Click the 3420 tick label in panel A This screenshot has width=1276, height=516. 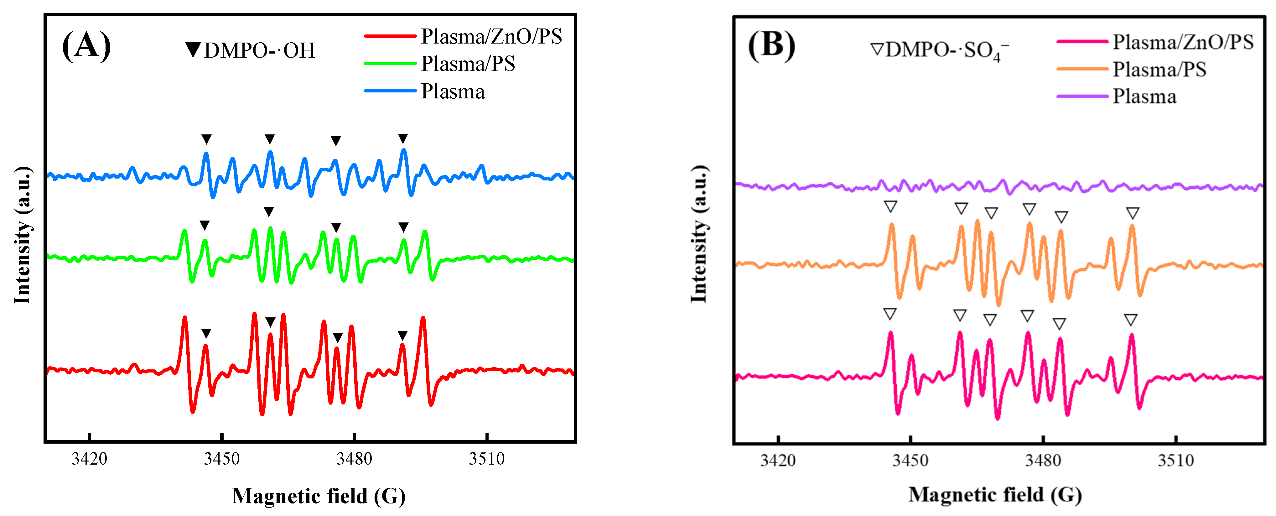coord(89,458)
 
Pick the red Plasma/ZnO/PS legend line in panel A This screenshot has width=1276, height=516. coord(390,36)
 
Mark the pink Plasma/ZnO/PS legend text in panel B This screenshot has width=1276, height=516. coord(1183,42)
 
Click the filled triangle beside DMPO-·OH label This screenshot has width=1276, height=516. coord(193,50)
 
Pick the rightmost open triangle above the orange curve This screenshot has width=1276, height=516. coord(1132,213)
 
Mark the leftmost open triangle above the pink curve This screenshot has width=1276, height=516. coord(890,314)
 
